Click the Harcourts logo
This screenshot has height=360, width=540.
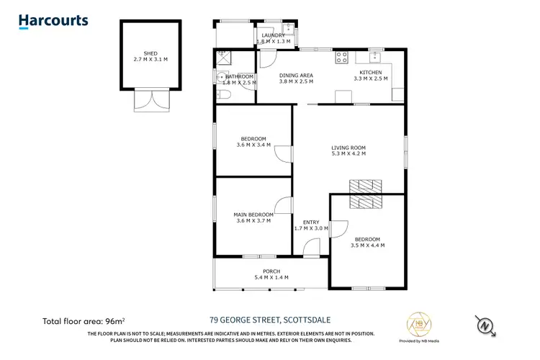(x=53, y=22)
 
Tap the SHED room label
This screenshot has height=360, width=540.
(x=150, y=53)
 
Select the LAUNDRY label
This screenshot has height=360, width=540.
(x=274, y=35)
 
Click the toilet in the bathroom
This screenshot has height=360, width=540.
(x=223, y=94)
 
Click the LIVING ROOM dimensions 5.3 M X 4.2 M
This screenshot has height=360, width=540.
(x=348, y=153)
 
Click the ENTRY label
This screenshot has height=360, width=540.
(x=311, y=222)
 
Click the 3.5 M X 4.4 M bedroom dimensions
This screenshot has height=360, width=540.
(x=366, y=246)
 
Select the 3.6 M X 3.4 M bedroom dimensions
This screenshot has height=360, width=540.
(x=253, y=145)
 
